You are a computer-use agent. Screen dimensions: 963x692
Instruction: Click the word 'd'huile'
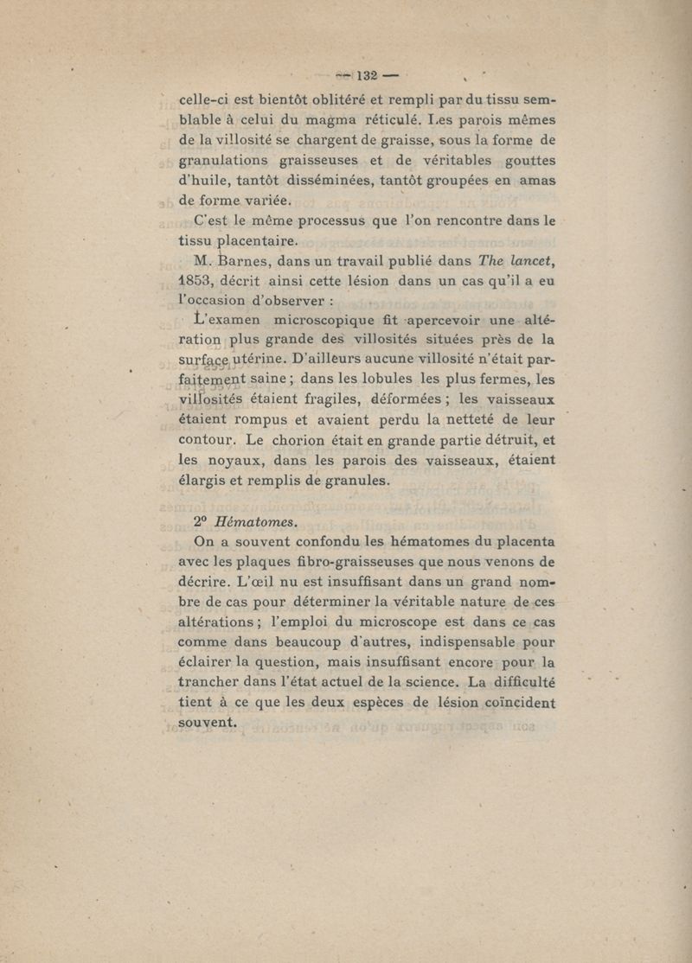click(205, 180)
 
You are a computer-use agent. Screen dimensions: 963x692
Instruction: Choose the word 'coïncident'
click(506, 703)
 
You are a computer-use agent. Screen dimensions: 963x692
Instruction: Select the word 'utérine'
click(251, 360)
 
